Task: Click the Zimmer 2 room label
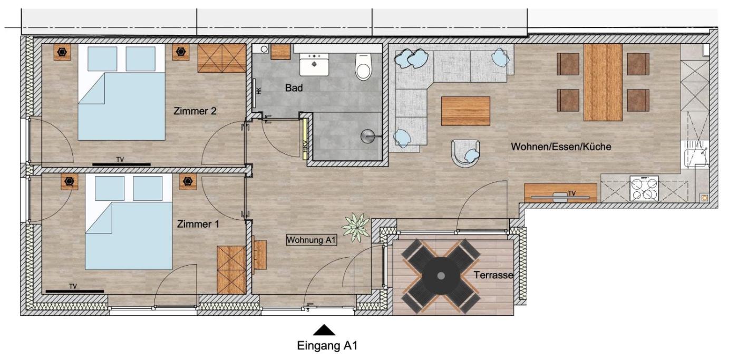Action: click(x=195, y=111)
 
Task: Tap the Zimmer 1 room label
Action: click(x=198, y=225)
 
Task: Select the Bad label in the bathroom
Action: click(x=294, y=88)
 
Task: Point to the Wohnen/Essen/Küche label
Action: click(x=561, y=147)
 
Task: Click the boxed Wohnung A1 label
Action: click(x=312, y=240)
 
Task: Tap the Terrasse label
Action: click(x=493, y=275)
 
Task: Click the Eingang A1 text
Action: click(x=327, y=346)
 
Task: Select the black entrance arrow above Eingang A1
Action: click(x=324, y=330)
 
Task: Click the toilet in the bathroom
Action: click(x=363, y=66)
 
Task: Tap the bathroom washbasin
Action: click(x=314, y=64)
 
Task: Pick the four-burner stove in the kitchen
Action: click(x=644, y=188)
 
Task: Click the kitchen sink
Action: click(x=695, y=154)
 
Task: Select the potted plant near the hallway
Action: click(x=356, y=227)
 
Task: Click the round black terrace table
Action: click(x=441, y=276)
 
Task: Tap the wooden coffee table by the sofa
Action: click(x=465, y=111)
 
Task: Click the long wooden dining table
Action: click(x=603, y=82)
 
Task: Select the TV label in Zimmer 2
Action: click(x=120, y=160)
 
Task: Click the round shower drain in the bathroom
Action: click(x=368, y=136)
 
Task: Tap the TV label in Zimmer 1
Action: click(x=73, y=287)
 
